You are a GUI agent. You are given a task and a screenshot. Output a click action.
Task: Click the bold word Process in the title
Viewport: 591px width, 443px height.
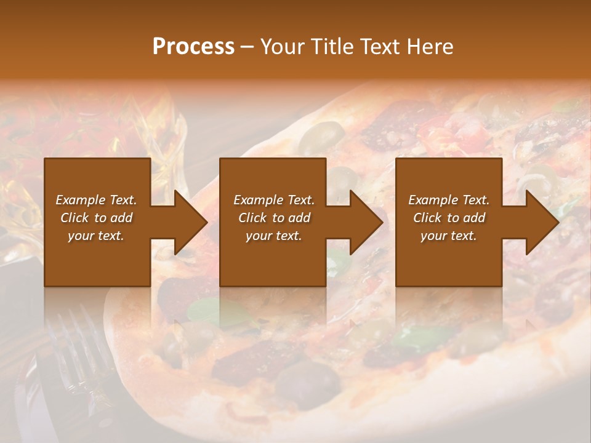193,47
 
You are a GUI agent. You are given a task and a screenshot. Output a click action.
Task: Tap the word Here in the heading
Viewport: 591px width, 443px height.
430,47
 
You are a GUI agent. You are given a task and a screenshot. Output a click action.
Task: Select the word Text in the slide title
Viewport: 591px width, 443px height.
382,47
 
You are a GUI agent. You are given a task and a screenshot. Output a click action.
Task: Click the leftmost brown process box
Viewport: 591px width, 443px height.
97,258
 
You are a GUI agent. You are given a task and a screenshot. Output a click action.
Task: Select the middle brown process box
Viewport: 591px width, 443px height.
273,258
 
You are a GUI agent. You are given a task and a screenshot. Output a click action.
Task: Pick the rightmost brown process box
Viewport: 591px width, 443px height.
448,258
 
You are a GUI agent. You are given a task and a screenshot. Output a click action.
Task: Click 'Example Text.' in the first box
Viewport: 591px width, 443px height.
96,200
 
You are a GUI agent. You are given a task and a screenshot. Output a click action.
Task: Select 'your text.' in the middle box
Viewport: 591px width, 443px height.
273,236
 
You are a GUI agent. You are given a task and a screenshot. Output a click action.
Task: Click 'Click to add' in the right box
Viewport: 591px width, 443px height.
449,218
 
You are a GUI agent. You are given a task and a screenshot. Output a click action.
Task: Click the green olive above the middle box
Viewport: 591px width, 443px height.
323,135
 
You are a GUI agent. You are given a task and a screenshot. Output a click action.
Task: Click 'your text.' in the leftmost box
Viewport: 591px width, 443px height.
96,236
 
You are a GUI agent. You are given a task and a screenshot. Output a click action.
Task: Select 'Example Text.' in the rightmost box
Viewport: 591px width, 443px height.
449,200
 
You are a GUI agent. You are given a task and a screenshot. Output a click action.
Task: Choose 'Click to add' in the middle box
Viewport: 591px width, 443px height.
274,218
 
